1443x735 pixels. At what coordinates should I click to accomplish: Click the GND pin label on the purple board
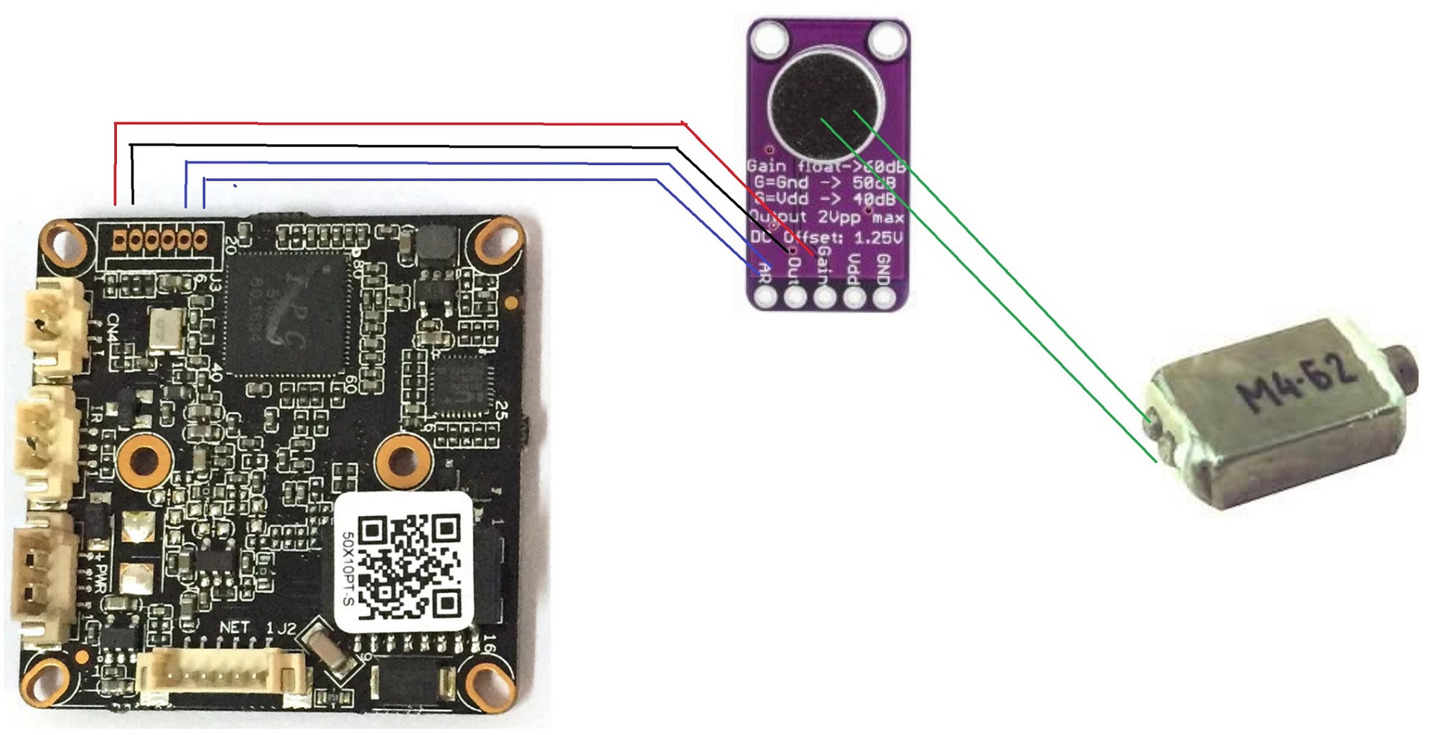tap(883, 269)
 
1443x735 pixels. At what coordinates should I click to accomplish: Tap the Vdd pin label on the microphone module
tap(854, 270)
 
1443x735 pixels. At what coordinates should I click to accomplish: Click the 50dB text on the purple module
tap(874, 182)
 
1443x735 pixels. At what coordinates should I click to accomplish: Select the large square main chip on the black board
tap(288, 313)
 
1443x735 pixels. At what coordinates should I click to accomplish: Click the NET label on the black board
tap(235, 627)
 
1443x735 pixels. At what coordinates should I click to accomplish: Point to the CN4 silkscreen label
tap(114, 329)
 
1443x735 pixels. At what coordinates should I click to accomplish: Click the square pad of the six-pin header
tap(120, 240)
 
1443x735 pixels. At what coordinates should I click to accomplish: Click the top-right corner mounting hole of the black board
tap(497, 240)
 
